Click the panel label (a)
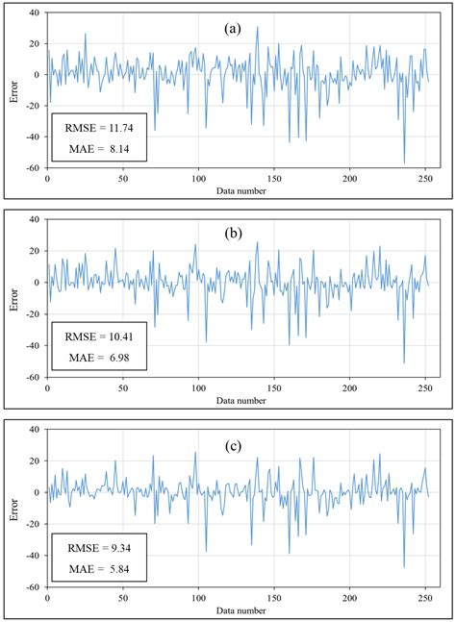tap(232, 29)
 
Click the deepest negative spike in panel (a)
tap(404, 163)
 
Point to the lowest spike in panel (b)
tap(404, 363)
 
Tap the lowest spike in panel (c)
tap(404, 567)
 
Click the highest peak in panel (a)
tap(257, 27)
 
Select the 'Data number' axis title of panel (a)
tap(241, 191)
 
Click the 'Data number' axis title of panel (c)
tap(241, 610)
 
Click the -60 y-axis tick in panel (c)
tap(35, 586)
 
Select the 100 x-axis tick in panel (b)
tap(198, 387)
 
